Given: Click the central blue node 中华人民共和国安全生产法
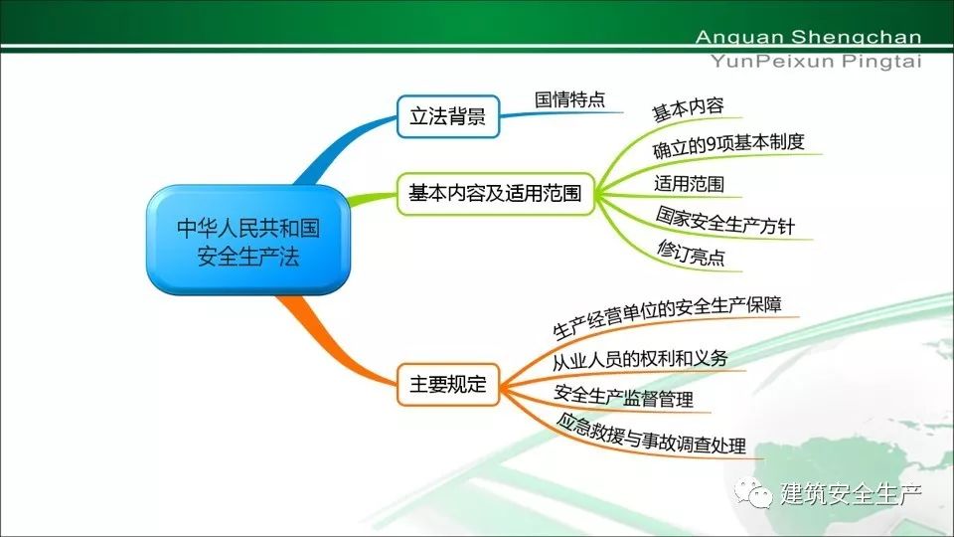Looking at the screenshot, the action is (248, 240).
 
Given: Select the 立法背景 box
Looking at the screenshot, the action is (448, 115).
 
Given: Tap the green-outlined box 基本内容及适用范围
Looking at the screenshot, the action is (495, 194).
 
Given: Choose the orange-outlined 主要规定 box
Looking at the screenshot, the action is (448, 384).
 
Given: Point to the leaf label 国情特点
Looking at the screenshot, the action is (570, 98).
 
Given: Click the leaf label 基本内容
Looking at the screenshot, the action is (688, 109).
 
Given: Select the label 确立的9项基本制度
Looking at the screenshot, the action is (728, 145).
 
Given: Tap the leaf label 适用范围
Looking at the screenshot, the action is (689, 183).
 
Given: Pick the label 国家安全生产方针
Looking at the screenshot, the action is (725, 221).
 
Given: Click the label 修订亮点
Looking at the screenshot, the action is (692, 253).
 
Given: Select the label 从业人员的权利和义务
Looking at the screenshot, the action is (639, 359).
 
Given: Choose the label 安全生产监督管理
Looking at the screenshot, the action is (624, 397).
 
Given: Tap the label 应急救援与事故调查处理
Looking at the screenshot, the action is (651, 433).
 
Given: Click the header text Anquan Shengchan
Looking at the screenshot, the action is (808, 37).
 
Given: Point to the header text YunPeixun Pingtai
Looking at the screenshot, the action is (816, 62).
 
